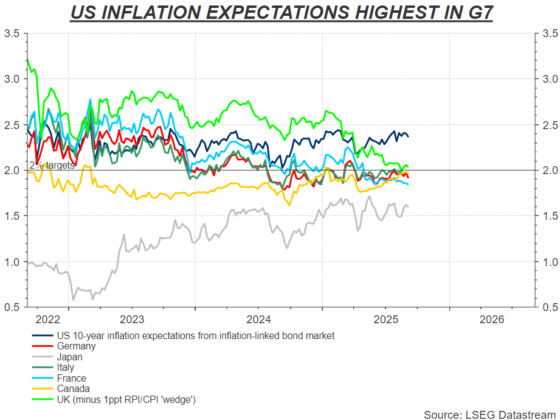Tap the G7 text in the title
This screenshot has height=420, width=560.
click(474, 12)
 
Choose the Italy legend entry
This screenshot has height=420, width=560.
click(66, 367)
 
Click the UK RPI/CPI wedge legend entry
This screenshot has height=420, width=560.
click(126, 399)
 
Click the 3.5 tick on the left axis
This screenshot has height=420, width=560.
click(13, 33)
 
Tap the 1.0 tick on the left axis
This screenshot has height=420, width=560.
click(13, 262)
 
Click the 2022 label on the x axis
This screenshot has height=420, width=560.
click(48, 320)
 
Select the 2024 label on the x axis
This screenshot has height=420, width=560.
click(260, 320)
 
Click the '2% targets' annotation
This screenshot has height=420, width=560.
click(52, 165)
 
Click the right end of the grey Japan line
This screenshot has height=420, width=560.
click(408, 207)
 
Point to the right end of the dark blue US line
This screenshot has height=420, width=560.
click(408, 136)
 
